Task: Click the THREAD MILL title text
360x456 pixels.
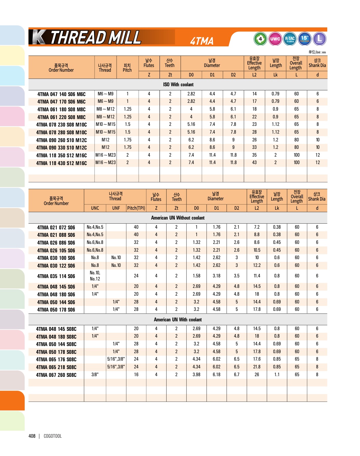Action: (x=95, y=38)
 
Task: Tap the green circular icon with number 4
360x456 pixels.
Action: (x=260, y=39)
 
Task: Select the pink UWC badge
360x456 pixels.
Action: (x=275, y=39)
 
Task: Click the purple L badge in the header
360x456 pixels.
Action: (x=319, y=39)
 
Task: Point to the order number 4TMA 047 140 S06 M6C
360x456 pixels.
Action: (x=61, y=94)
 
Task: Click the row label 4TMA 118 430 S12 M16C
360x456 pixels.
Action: (x=61, y=163)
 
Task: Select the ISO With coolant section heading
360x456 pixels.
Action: (x=178, y=85)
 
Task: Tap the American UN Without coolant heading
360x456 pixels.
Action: (x=178, y=218)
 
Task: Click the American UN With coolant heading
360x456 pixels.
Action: (x=178, y=320)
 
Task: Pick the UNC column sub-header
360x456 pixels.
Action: (x=95, y=208)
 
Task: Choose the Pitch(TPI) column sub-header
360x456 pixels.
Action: (x=136, y=208)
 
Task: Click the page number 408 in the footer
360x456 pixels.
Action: (x=32, y=436)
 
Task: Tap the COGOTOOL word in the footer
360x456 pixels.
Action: (x=53, y=436)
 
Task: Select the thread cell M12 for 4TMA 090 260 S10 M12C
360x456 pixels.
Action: (x=105, y=140)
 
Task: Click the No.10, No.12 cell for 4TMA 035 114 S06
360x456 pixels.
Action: (x=95, y=276)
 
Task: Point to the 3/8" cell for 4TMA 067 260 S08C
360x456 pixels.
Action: (x=95, y=374)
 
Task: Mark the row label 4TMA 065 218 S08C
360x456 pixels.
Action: (x=56, y=367)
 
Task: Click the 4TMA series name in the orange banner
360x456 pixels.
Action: (x=202, y=41)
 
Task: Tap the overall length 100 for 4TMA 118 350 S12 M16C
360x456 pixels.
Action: (x=296, y=155)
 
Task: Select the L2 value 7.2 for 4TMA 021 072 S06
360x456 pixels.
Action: (x=257, y=227)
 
